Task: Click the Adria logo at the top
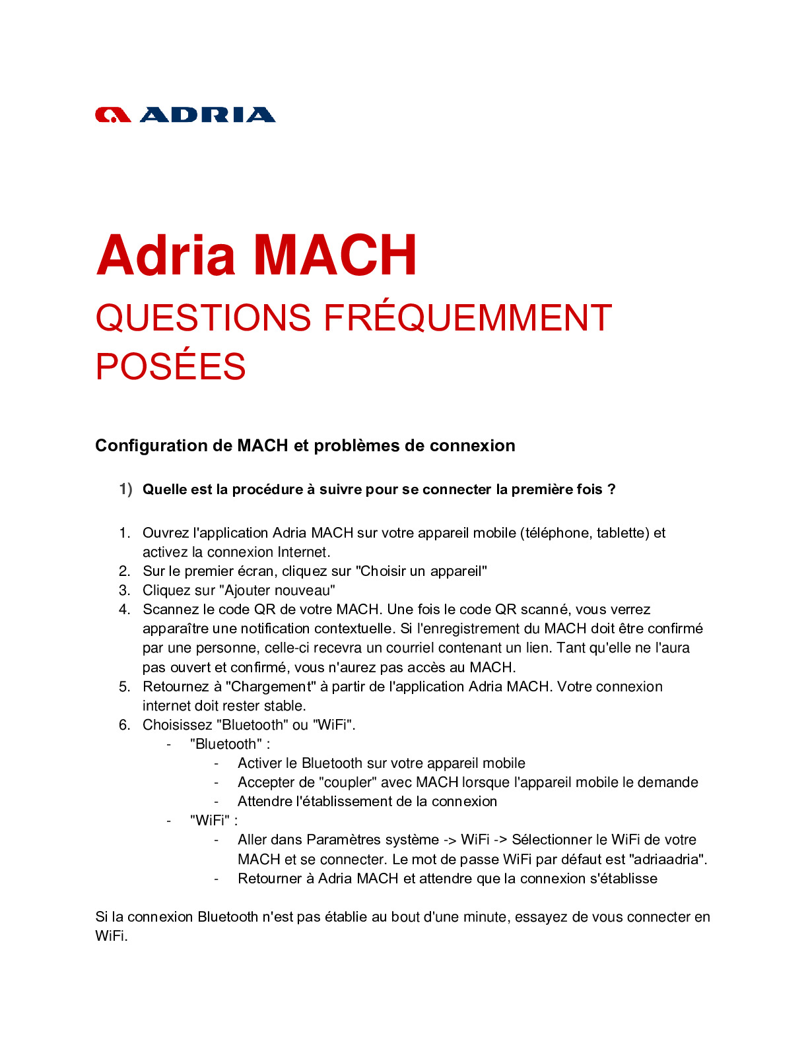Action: [x=185, y=115]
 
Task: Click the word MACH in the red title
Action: [x=335, y=255]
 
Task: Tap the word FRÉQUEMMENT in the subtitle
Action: [x=467, y=318]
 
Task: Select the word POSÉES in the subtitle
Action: [x=170, y=367]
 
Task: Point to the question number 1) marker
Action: [x=125, y=489]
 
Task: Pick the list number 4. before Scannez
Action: [x=125, y=610]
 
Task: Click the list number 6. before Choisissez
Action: [x=125, y=725]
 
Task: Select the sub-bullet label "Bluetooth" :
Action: [x=230, y=744]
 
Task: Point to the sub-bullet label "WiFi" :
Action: [x=213, y=821]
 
